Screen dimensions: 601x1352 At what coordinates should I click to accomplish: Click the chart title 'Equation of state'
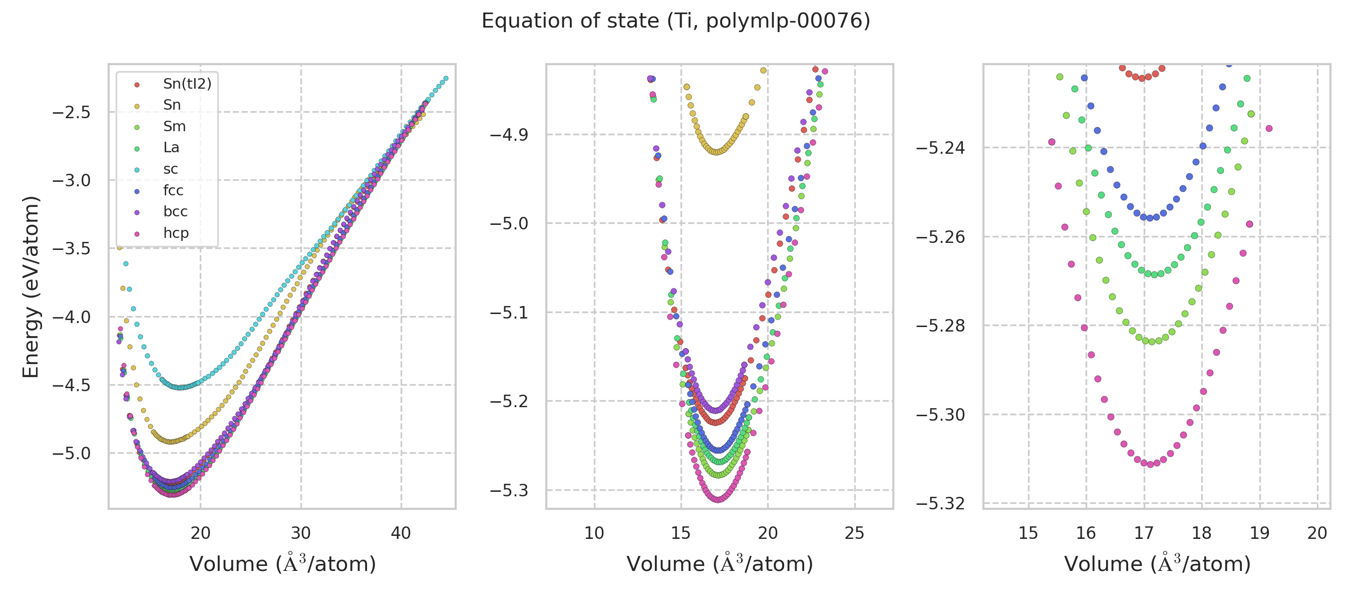click(675, 21)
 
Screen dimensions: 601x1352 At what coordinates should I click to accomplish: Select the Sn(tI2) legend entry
click(187, 84)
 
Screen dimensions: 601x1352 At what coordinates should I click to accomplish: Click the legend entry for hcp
click(175, 233)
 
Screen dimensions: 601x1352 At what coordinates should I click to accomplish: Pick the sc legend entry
click(170, 169)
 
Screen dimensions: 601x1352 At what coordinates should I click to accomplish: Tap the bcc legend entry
click(175, 211)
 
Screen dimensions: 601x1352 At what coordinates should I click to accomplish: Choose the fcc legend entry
click(173, 190)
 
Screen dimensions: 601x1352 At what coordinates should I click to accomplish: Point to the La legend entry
click(171, 147)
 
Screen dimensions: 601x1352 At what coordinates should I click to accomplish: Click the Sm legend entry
click(174, 127)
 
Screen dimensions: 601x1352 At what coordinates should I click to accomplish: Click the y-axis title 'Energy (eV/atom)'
click(31, 286)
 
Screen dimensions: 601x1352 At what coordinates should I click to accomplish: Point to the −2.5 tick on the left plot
click(72, 112)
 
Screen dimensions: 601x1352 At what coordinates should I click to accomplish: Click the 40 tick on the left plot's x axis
click(401, 533)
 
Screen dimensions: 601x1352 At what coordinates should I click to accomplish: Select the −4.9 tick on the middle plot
click(509, 135)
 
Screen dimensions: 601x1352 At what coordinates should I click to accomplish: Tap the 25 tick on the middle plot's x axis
click(854, 533)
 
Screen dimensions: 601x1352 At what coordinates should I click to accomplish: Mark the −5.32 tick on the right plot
click(940, 504)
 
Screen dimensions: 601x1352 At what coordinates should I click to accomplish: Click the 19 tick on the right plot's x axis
click(1259, 533)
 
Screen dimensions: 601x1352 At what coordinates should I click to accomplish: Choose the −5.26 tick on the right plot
click(940, 237)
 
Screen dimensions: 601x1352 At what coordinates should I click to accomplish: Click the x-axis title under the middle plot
click(720, 564)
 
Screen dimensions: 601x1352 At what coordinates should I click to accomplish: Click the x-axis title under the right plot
click(1157, 564)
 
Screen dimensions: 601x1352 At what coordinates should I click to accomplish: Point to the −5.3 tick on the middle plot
click(509, 491)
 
